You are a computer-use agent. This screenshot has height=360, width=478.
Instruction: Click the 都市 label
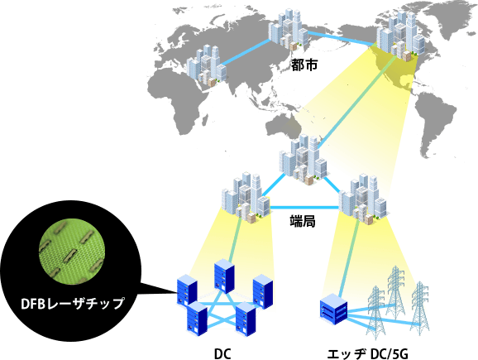point(304,65)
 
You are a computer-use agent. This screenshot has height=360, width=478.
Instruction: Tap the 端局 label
point(303,221)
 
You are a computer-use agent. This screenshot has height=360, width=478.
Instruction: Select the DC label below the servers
point(222,354)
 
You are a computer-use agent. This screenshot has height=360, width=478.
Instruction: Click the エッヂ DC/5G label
point(367,354)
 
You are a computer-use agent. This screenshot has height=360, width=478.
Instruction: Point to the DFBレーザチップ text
point(73,303)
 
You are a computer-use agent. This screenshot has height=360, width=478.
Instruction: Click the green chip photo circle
point(72,250)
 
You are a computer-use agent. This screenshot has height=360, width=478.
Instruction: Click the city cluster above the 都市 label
point(288,29)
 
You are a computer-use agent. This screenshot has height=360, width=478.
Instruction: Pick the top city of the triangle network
point(303,159)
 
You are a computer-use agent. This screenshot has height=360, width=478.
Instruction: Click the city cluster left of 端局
point(246,198)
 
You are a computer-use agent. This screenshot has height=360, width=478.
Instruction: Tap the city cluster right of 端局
point(363,199)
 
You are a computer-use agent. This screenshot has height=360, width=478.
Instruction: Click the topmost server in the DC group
point(224,276)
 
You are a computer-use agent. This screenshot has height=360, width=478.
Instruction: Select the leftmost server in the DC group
point(187,290)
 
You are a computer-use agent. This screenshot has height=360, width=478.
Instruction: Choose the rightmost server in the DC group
point(263,291)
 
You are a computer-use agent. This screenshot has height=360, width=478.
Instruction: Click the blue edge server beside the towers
point(334,309)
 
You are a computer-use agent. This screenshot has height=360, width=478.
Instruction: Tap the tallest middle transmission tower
point(395,292)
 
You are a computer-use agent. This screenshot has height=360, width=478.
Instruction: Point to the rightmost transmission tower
point(420,308)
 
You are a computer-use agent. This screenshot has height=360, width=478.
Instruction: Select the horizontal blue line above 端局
point(304,208)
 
